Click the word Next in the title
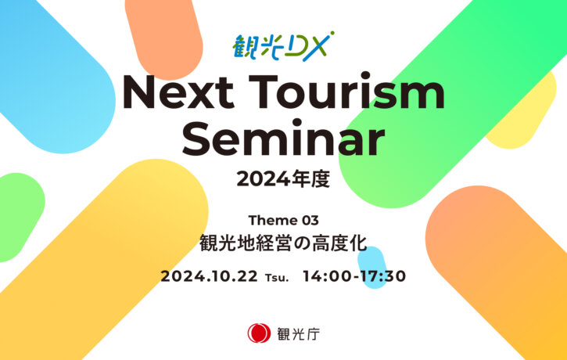click(x=178, y=91)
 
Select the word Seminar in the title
click(x=283, y=138)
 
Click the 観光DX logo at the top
click(x=283, y=46)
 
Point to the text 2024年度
click(x=283, y=179)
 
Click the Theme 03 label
click(x=283, y=220)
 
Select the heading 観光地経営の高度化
click(x=283, y=243)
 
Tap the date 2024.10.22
click(x=209, y=277)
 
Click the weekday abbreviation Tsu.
click(x=277, y=278)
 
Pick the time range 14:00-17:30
click(x=354, y=276)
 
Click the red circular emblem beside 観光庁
click(x=259, y=333)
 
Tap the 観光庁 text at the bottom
click(x=298, y=333)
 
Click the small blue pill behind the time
click(x=372, y=267)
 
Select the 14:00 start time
click(x=326, y=276)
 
